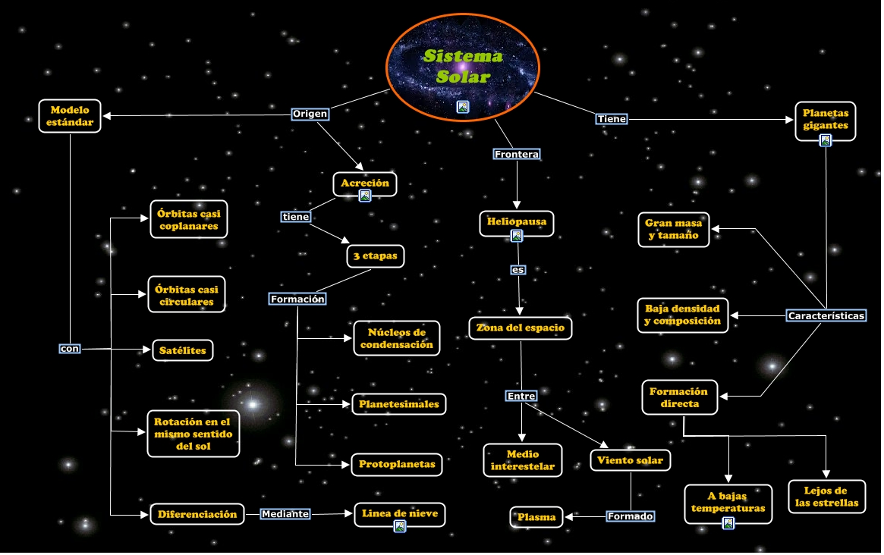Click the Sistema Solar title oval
[x=462, y=67]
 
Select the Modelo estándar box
[x=70, y=116]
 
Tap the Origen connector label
[x=310, y=114]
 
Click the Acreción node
[x=365, y=183]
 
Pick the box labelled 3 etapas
[x=376, y=256]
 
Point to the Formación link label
[x=297, y=299]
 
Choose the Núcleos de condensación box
[x=397, y=338]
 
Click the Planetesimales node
[x=399, y=404]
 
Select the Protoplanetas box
[x=397, y=464]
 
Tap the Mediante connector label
[x=285, y=514]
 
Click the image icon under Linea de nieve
[x=400, y=526]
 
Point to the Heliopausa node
[x=517, y=223]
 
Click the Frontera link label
[x=517, y=155]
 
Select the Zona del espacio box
[x=521, y=328]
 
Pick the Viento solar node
[x=631, y=460]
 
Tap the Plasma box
[x=536, y=517]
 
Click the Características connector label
[x=826, y=316]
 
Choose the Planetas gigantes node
[x=826, y=121]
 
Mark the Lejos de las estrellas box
[x=826, y=497]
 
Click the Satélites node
[x=183, y=350]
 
